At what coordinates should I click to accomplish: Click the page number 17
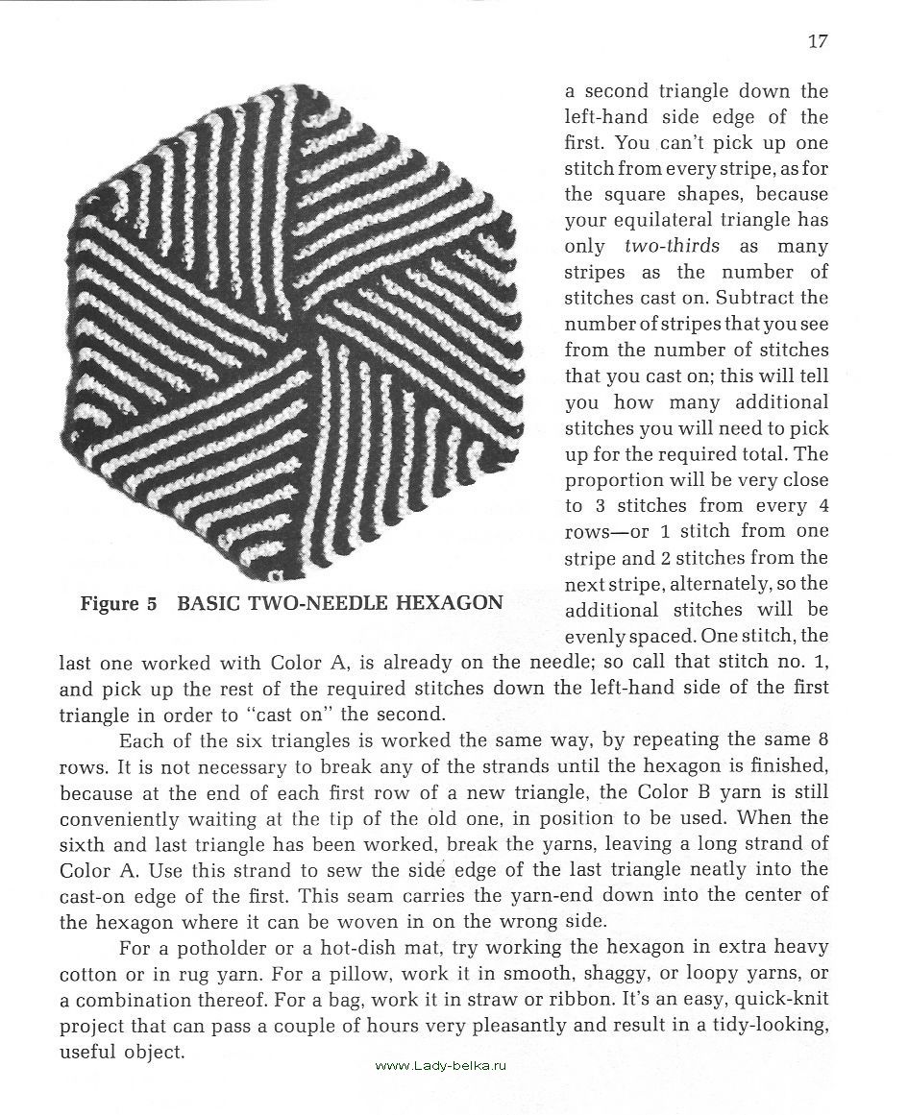(x=818, y=40)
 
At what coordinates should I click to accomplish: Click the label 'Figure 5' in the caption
(x=118, y=604)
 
